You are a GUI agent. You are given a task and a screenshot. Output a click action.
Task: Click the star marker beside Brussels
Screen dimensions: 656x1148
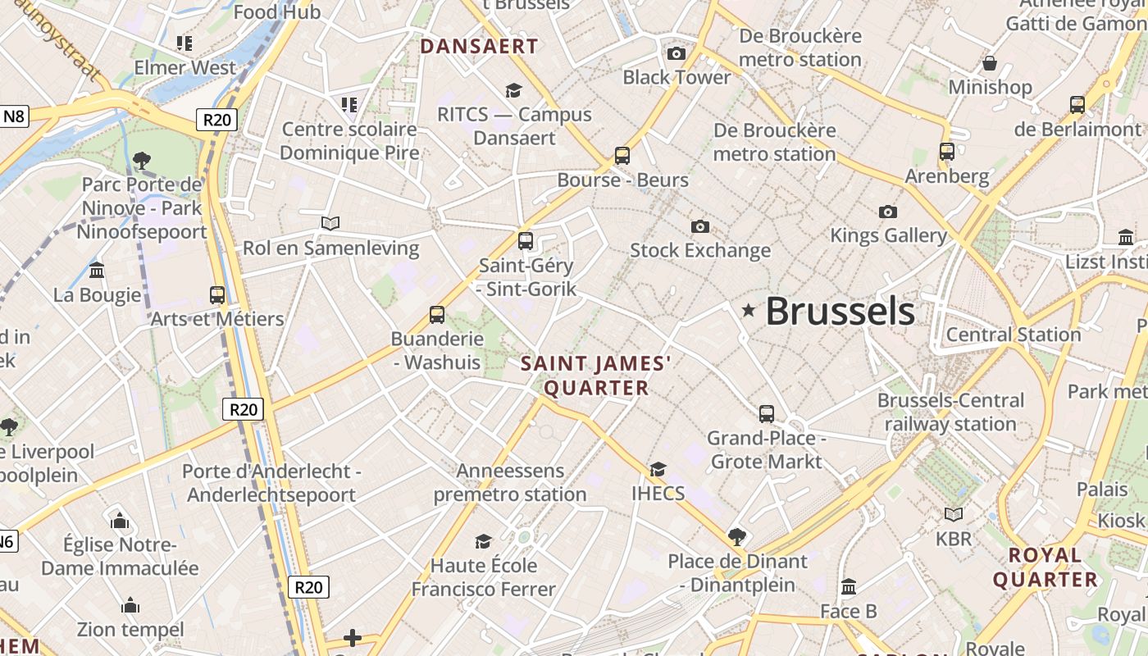[x=748, y=310]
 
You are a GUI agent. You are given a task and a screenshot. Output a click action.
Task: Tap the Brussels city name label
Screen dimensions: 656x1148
[x=840, y=312]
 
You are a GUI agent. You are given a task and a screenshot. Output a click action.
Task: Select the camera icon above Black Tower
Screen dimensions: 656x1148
[x=676, y=54]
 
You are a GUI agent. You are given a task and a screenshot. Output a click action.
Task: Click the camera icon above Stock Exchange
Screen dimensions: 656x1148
[x=699, y=226]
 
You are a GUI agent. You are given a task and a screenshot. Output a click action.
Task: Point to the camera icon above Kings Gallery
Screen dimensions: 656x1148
[x=887, y=212]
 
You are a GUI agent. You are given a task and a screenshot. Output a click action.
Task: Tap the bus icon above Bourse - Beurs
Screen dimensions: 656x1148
[x=622, y=156]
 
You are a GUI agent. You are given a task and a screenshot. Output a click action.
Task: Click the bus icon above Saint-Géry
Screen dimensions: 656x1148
[x=526, y=241]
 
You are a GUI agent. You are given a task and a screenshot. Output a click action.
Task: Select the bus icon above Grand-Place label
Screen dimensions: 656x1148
[x=767, y=414]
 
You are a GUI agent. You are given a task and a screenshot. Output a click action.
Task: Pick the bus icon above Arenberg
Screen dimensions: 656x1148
[x=947, y=152]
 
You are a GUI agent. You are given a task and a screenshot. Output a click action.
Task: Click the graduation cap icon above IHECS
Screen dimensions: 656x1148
[x=658, y=469]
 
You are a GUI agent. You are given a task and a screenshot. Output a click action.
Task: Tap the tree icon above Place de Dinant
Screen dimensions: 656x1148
[x=737, y=537]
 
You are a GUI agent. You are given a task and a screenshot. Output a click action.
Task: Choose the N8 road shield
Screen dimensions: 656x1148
[x=15, y=116]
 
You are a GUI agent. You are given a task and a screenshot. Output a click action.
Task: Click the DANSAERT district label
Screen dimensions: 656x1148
[x=479, y=47]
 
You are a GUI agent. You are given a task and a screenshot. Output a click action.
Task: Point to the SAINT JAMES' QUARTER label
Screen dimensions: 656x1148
[x=597, y=375]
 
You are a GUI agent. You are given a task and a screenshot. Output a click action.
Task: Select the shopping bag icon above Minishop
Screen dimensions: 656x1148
[x=990, y=63]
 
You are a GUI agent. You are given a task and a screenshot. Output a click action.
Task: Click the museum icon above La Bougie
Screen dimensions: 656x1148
[x=97, y=270]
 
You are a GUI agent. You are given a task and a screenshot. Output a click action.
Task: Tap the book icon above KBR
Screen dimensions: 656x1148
[x=953, y=514]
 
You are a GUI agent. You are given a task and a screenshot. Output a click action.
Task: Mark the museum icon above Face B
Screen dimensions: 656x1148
[x=849, y=587]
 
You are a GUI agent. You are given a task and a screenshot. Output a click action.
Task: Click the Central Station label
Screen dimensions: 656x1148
[x=1014, y=335]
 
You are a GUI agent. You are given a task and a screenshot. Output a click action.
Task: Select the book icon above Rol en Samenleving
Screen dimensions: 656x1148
[x=330, y=223]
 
